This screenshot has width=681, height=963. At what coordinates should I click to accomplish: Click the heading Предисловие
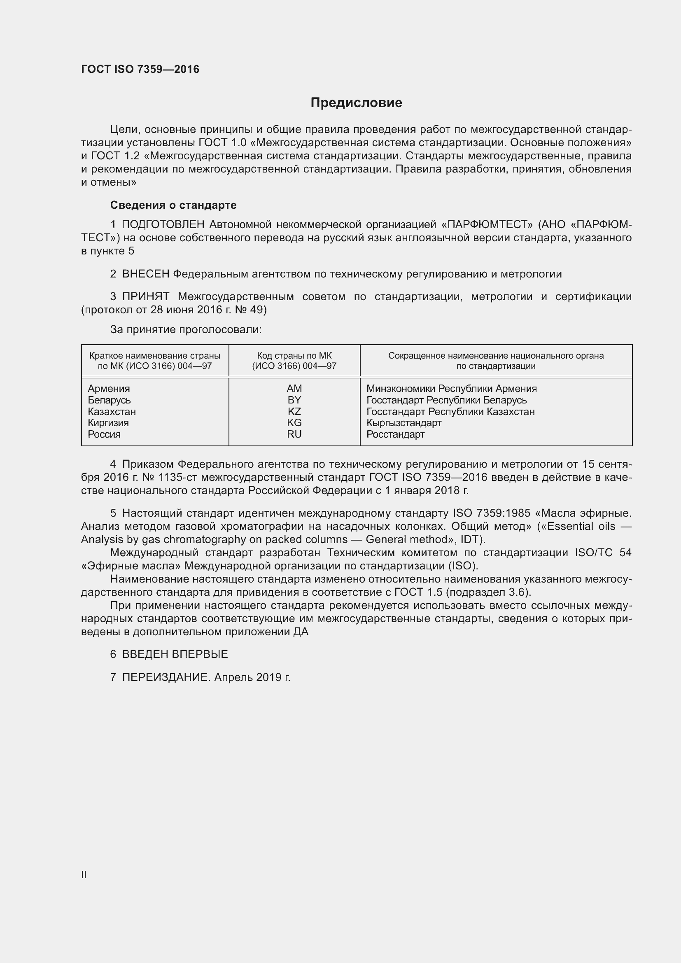(x=356, y=103)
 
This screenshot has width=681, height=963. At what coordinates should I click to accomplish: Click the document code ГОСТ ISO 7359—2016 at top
(x=140, y=69)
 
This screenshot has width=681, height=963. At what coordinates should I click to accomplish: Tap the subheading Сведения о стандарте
(x=173, y=205)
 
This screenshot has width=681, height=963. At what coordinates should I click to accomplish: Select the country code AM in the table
(x=294, y=388)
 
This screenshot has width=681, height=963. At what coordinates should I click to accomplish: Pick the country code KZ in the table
(x=294, y=411)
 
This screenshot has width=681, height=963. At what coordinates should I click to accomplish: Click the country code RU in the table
(x=294, y=434)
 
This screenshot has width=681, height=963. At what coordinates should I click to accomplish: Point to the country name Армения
(x=109, y=388)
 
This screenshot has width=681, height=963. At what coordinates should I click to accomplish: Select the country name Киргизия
(x=108, y=423)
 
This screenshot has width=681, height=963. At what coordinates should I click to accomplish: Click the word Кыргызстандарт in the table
(x=403, y=423)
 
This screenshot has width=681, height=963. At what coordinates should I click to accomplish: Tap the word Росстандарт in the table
(x=395, y=434)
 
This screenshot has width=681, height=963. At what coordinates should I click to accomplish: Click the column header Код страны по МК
(x=294, y=356)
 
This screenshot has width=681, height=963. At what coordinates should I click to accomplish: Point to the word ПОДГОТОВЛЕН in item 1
(x=163, y=225)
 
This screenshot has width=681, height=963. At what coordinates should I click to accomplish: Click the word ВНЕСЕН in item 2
(x=146, y=274)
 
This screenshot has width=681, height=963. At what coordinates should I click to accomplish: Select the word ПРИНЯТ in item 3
(x=146, y=297)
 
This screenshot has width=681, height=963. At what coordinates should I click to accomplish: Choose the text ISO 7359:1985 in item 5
(x=489, y=513)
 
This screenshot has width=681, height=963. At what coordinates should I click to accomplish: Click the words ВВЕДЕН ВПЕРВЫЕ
(x=175, y=654)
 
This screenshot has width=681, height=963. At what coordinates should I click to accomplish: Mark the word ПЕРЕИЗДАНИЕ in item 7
(x=166, y=677)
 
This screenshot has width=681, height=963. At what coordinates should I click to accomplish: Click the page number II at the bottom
(x=84, y=875)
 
